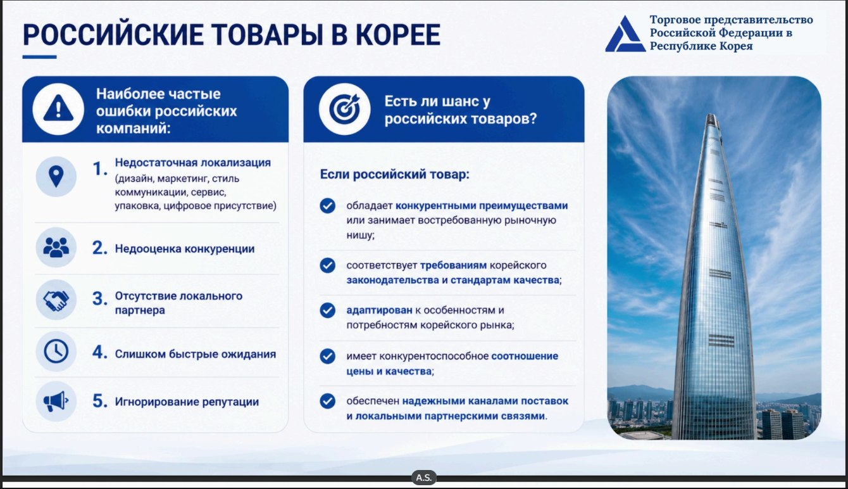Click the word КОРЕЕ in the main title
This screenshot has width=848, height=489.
point(397,34)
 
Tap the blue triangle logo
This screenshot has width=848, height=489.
point(625,34)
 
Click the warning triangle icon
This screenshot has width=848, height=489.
point(58,108)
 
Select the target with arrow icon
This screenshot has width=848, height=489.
point(344,109)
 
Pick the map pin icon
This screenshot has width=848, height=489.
point(56,177)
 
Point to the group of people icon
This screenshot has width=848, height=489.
point(56,248)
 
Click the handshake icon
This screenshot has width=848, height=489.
point(56,300)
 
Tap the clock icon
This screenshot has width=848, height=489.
point(56,352)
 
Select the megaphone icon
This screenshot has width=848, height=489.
point(56,402)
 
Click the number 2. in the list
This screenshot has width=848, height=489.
point(100,248)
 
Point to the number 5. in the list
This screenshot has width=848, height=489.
point(100,401)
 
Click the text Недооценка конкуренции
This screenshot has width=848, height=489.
point(185,249)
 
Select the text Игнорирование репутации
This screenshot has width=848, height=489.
point(187,402)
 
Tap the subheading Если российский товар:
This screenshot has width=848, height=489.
point(394,174)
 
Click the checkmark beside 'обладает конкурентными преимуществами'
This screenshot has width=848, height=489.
point(327,206)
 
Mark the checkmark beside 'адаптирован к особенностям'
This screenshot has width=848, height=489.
point(327,310)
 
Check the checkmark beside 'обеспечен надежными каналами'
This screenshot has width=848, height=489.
point(327,401)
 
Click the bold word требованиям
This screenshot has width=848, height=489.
point(454,265)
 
